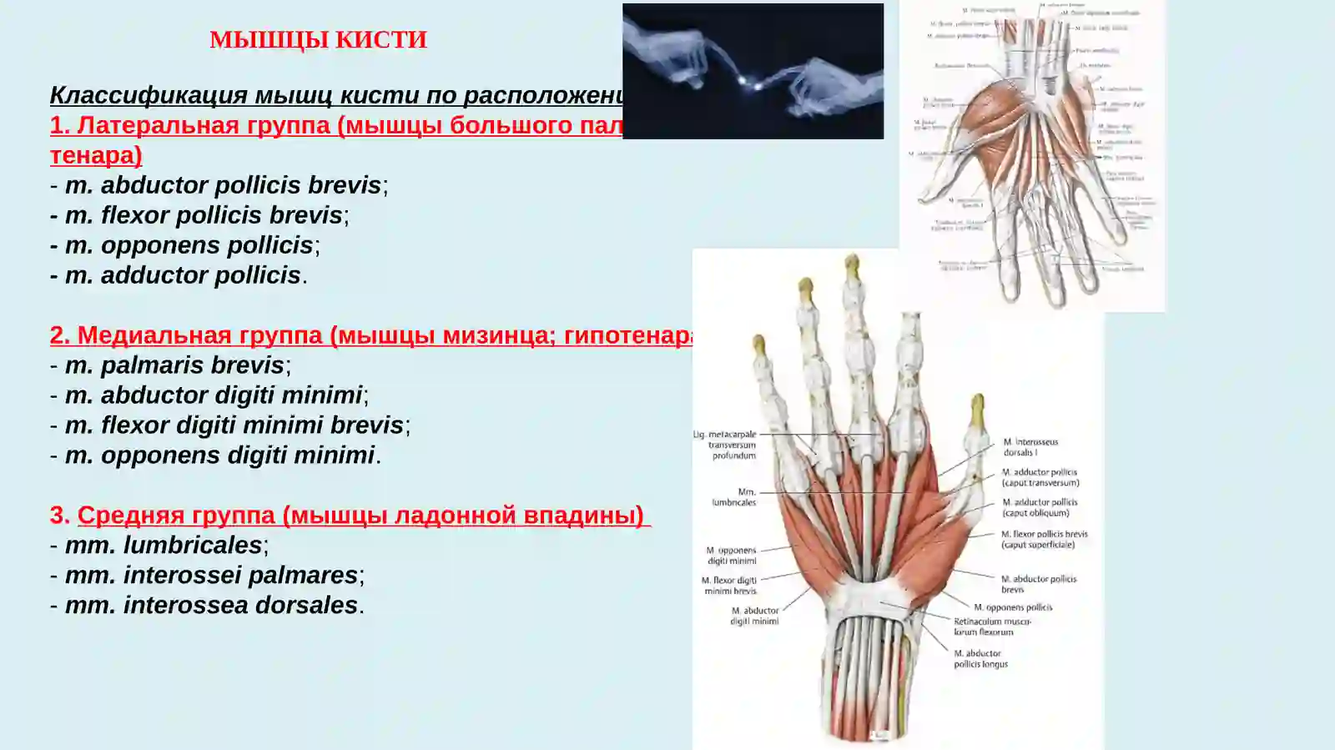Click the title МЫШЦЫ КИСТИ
(318, 40)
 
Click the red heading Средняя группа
(360, 515)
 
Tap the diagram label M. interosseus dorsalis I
(1030, 447)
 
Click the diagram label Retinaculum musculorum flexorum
(992, 627)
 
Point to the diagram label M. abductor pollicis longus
(980, 659)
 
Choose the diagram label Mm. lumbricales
(734, 497)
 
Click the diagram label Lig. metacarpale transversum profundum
(725, 445)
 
